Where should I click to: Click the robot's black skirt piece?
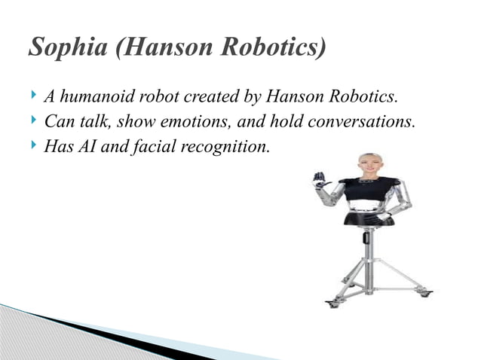click(369, 219)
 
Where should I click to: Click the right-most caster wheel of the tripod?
click(426, 293)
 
